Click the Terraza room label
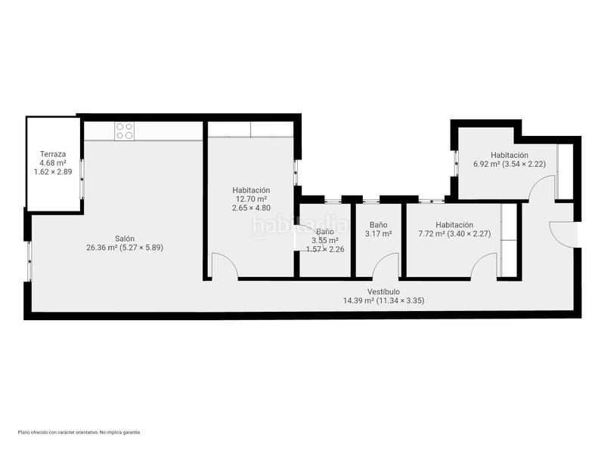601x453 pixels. point(53,153)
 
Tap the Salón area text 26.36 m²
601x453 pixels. point(125,247)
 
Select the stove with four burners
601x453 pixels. point(125,131)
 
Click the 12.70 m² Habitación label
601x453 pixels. point(252,199)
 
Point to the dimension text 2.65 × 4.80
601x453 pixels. point(252,208)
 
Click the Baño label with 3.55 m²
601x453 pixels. point(325,232)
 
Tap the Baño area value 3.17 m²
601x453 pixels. point(379,234)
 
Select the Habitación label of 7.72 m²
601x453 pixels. point(454,224)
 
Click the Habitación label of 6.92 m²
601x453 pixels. point(508,155)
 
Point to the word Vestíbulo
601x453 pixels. point(383,291)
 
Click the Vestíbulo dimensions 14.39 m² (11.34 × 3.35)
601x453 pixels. point(383,300)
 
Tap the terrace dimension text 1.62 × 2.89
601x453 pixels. point(53,172)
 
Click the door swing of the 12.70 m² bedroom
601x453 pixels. point(225,267)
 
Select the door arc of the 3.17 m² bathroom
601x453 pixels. point(387,267)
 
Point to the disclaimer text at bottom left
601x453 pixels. point(79,433)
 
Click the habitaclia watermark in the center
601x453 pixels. point(300,225)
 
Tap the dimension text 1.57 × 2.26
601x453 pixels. point(325,249)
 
